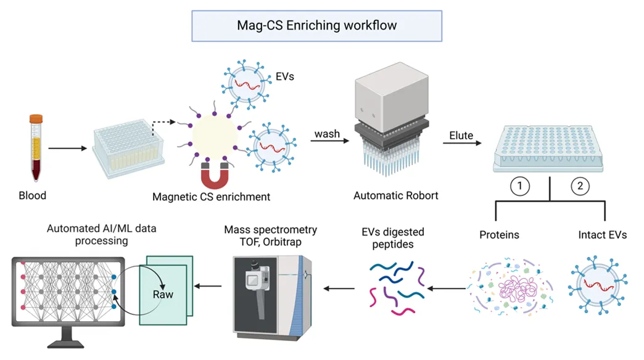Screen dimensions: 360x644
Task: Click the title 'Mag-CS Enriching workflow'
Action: [x=316, y=25]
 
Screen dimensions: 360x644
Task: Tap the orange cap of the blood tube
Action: [x=36, y=118]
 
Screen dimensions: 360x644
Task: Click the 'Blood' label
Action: [x=32, y=196]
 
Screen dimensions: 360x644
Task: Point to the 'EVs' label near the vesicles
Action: [x=284, y=77]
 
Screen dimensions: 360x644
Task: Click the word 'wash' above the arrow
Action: [x=327, y=134]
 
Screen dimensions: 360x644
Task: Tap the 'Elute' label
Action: [x=461, y=136]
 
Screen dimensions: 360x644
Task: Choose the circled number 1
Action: [x=520, y=186]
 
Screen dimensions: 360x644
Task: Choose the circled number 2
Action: [x=580, y=186]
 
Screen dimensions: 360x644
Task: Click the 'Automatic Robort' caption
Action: [x=395, y=196]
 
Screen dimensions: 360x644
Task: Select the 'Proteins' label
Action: [x=499, y=235]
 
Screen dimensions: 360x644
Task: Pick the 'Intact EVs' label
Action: [x=603, y=235]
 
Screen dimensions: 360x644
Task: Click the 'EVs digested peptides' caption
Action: [x=393, y=238]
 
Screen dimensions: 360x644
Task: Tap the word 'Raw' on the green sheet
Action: [x=163, y=294]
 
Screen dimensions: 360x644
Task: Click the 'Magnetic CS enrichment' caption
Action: [x=212, y=197]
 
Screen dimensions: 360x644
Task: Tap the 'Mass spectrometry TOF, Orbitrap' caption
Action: [x=271, y=235]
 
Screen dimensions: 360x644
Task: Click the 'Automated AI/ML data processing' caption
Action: [x=102, y=235]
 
